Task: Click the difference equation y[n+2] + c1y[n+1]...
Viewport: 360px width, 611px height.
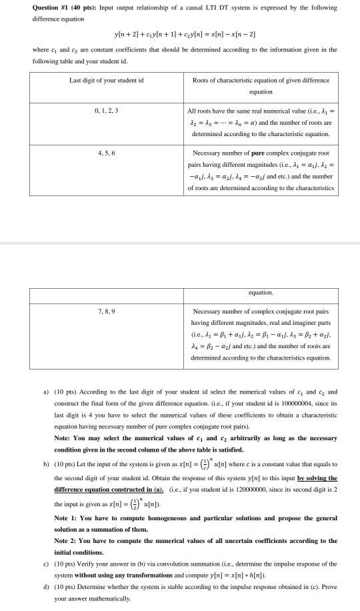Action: click(x=180, y=34)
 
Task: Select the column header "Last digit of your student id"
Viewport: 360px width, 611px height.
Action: click(x=107, y=80)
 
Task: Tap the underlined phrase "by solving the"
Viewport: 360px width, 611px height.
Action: click(x=316, y=478)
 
